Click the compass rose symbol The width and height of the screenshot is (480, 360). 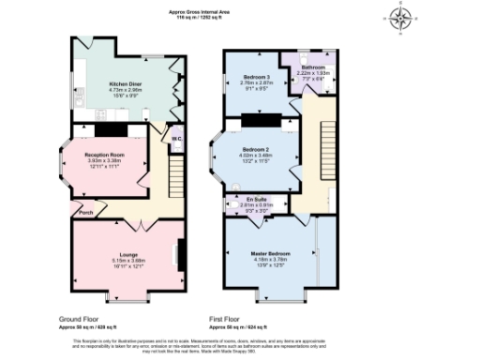[403, 18]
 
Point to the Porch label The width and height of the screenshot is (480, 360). [86, 213]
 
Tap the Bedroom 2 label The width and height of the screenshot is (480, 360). [256, 150]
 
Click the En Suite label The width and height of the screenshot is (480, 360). [256, 200]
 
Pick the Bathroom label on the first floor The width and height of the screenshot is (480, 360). [313, 67]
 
